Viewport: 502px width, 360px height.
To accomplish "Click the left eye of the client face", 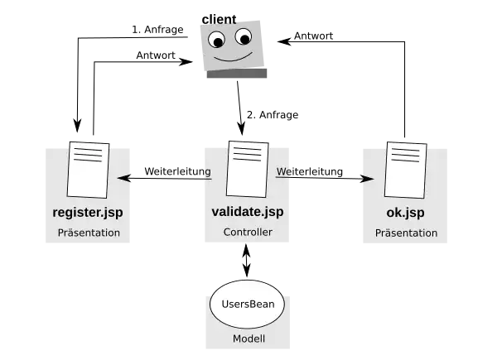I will (x=216, y=39).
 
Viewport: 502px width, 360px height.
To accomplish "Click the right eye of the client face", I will (x=243, y=36).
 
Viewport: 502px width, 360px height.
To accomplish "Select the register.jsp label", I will (x=87, y=212).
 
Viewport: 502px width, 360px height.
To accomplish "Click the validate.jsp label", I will (x=247, y=212).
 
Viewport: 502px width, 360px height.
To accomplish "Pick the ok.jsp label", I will (x=405, y=212).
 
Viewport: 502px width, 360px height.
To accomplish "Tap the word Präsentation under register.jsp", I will (x=89, y=233).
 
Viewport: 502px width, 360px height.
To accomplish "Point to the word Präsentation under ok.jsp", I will (x=406, y=233).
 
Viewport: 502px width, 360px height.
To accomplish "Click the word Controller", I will (x=247, y=233).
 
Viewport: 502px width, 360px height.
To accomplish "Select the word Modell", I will (x=248, y=340).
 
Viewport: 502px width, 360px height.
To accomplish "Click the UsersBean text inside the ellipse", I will (x=248, y=304).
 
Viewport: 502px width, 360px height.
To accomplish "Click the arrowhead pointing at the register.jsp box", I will (x=125, y=178).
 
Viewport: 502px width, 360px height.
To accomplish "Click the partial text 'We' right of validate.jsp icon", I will (x=282, y=172).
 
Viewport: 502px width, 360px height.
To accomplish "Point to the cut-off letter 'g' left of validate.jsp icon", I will (x=207, y=172).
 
